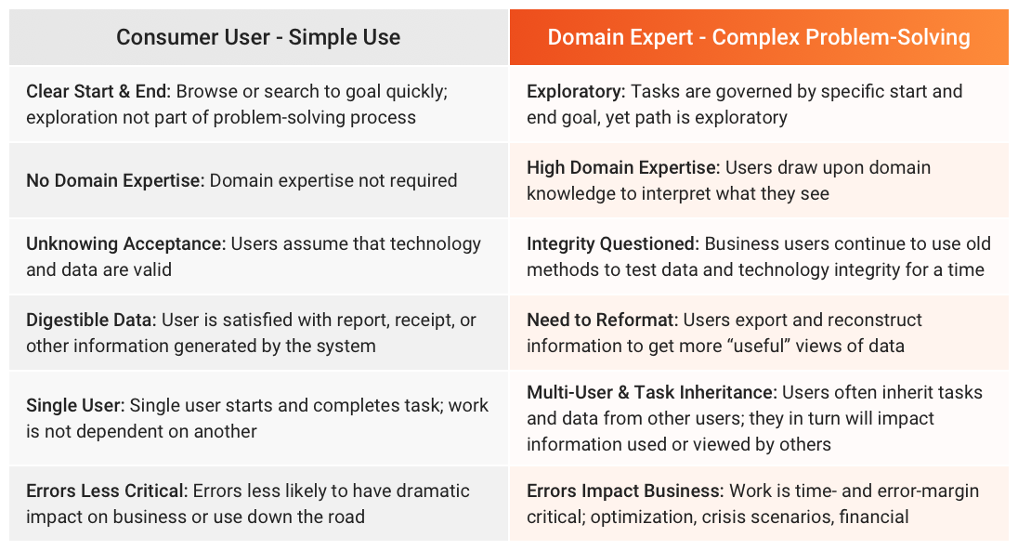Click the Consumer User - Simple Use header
(x=258, y=37)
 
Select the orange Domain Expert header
(x=758, y=37)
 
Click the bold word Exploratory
(x=576, y=92)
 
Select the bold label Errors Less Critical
(x=107, y=491)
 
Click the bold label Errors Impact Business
(x=625, y=491)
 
